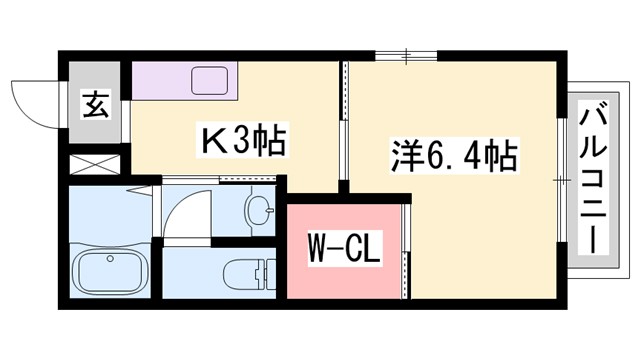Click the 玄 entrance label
pyautogui.click(x=96, y=104)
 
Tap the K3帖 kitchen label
pyautogui.click(x=245, y=140)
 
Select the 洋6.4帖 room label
pyautogui.click(x=452, y=157)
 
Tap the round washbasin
pyautogui.click(x=259, y=212)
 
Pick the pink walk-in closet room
pyautogui.click(x=343, y=250)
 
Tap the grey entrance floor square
pyautogui.click(x=96, y=104)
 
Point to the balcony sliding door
pyautogui.click(x=562, y=180)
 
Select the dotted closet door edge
pyautogui.click(x=405, y=250)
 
